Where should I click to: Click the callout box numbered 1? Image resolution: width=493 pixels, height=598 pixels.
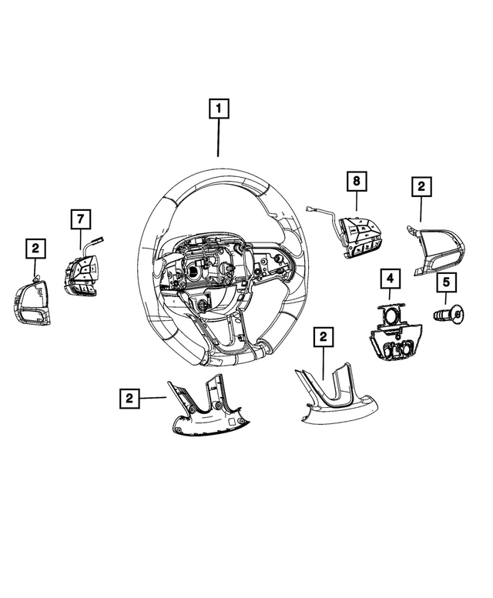219,110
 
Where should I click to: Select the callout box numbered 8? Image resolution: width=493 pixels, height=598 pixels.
356,182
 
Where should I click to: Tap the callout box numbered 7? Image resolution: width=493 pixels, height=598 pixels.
79,219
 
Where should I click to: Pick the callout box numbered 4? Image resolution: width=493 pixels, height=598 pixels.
390,277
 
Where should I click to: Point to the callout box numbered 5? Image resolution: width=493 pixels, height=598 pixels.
445,283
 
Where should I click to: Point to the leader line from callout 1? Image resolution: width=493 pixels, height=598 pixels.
219,139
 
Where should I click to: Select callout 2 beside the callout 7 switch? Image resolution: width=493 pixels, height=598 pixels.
35,249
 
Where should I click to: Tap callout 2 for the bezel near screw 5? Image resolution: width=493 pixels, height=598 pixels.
421,185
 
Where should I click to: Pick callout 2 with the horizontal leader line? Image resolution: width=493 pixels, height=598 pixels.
129,398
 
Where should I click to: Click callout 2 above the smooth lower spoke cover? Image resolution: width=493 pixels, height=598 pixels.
324,336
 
